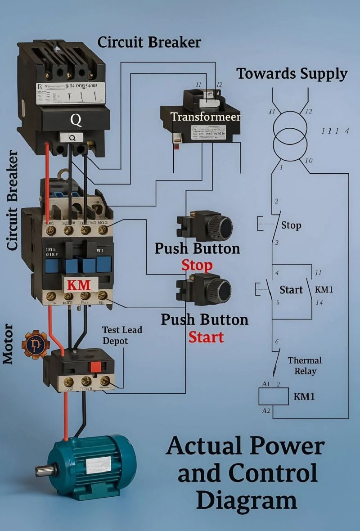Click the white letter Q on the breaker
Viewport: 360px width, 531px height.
pyautogui.click(x=76, y=120)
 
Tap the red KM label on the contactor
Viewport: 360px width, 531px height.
pyautogui.click(x=79, y=285)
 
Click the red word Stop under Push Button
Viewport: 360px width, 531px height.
pyautogui.click(x=197, y=265)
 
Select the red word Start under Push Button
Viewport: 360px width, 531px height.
pyautogui.click(x=206, y=337)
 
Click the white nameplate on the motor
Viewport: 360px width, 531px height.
pyautogui.click(x=98, y=464)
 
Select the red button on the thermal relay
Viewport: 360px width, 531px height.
pyautogui.click(x=95, y=367)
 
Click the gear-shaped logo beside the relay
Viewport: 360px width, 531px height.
pyautogui.click(x=35, y=344)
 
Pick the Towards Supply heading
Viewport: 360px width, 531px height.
pyautogui.click(x=292, y=73)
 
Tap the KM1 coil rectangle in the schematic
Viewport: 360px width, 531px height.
pyautogui.click(x=273, y=396)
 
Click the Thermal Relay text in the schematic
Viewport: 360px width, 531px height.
pyautogui.click(x=305, y=366)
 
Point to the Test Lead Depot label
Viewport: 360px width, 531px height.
pyautogui.click(x=121, y=335)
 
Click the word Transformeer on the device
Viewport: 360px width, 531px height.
pyautogui.click(x=205, y=117)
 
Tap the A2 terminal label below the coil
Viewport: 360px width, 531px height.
pyautogui.click(x=265, y=411)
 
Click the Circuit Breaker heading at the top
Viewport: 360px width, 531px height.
pyautogui.click(x=149, y=42)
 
